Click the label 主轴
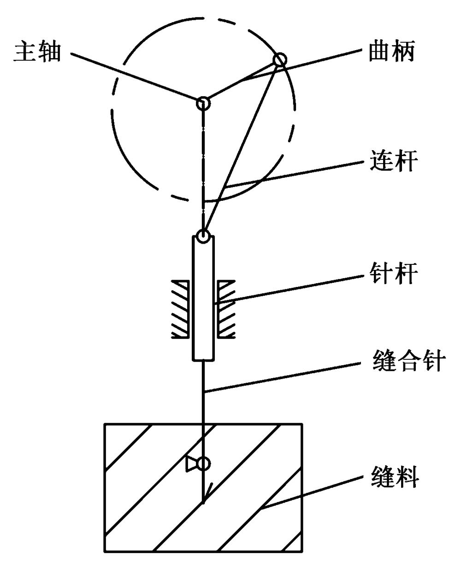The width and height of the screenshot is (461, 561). tap(38, 52)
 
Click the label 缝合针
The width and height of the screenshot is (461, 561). tap(406, 362)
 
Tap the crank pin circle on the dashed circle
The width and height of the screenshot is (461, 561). tap(279, 60)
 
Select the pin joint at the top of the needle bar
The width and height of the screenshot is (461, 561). tap(203, 237)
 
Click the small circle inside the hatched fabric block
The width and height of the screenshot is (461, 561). tap(203, 463)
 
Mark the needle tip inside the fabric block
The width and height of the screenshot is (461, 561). tap(203, 500)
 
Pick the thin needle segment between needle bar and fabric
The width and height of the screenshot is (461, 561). tap(203, 392)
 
